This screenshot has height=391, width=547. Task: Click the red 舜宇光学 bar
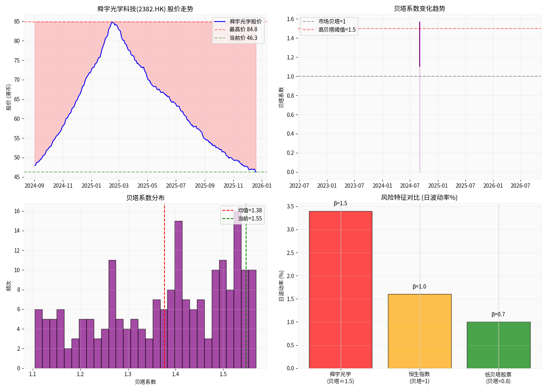point(340,289)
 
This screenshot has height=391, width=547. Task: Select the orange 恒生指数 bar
point(420,331)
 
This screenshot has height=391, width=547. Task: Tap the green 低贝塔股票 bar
point(499,345)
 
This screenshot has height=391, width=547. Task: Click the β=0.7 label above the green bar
point(498,314)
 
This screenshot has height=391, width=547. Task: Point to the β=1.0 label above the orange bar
point(419,287)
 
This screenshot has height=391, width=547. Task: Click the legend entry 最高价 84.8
point(243,29)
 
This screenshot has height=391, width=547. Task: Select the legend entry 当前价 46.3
point(243,38)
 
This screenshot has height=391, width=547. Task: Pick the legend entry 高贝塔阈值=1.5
point(337,30)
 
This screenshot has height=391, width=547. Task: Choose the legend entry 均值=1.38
point(250,210)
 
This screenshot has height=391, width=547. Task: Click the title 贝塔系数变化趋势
point(420,9)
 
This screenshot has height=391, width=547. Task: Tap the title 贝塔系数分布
point(145,198)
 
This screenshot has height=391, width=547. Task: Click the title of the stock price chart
point(145,9)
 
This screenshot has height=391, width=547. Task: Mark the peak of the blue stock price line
point(112,22)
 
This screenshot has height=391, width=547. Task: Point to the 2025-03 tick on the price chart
point(119,186)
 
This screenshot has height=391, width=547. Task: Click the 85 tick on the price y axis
point(17,22)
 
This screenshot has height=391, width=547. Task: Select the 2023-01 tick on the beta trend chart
point(327,186)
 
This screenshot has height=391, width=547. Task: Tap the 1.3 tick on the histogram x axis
point(128,374)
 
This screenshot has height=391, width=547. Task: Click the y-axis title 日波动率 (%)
point(281,286)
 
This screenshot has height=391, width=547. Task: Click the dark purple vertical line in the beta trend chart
point(420,44)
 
